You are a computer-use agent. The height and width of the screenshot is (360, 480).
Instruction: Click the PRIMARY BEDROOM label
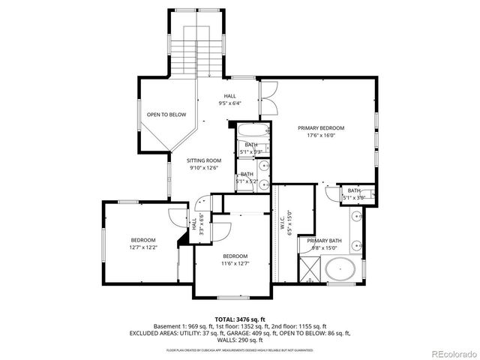[325, 128]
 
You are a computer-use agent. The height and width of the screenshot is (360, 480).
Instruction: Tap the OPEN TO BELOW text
[166, 115]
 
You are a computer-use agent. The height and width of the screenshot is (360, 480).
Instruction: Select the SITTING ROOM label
[204, 160]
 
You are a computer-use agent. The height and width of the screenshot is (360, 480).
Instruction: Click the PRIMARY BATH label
[315, 240]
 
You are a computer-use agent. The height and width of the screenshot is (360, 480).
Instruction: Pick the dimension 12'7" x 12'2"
[142, 247]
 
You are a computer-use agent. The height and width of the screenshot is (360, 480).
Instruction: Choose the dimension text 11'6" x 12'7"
[235, 263]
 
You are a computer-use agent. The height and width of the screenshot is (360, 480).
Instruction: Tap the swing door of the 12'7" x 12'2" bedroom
[175, 216]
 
